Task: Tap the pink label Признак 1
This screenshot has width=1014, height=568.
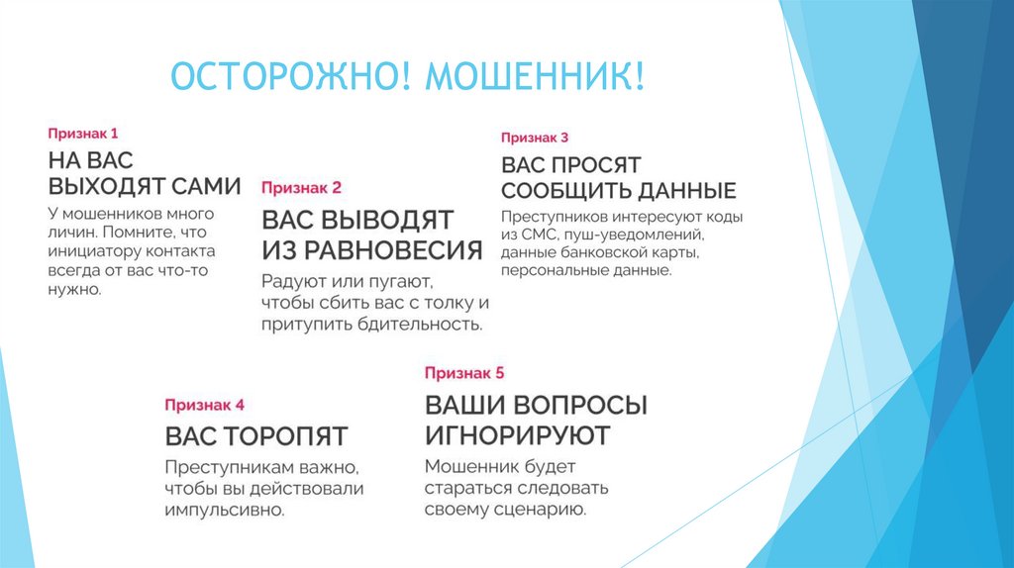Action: [83, 133]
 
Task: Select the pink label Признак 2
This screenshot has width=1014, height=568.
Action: [301, 186]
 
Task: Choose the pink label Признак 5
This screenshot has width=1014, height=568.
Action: [464, 373]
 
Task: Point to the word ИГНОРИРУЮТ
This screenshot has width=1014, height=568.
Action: [517, 434]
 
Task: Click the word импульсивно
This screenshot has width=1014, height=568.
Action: [225, 511]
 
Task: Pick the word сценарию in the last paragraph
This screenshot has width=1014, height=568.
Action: [542, 511]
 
